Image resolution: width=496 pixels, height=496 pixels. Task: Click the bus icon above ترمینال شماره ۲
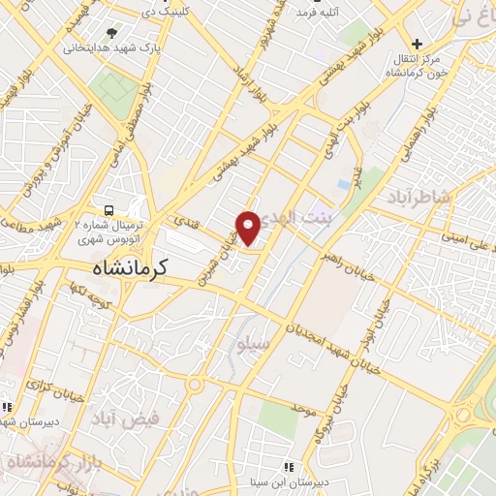[x=109, y=210]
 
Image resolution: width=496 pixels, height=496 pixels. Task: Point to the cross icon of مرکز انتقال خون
[x=417, y=44]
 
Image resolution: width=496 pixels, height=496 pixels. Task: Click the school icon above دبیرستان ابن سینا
[x=288, y=467]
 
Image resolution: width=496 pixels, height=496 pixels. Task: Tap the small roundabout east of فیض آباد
[x=195, y=384]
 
